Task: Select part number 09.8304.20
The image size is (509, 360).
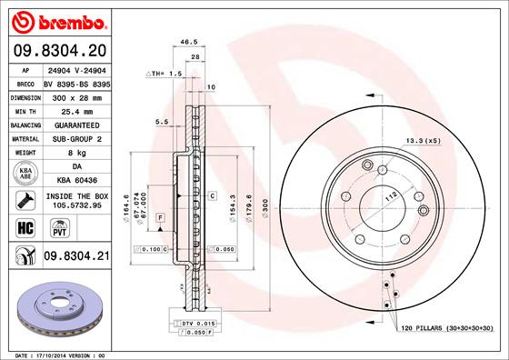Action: pos(59,51)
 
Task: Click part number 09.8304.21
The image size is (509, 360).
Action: pos(75,258)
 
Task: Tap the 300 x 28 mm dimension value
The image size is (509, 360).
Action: pos(75,95)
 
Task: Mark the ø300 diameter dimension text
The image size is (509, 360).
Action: pos(265,212)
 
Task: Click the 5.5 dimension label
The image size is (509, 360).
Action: pos(162,121)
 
